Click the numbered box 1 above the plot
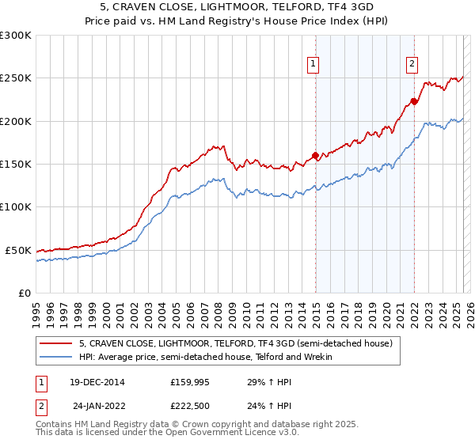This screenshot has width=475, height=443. tap(314, 65)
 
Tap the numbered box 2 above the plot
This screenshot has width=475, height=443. tap(412, 65)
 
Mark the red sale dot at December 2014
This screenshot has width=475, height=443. tap(315, 156)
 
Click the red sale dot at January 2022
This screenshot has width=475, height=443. tap(414, 101)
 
